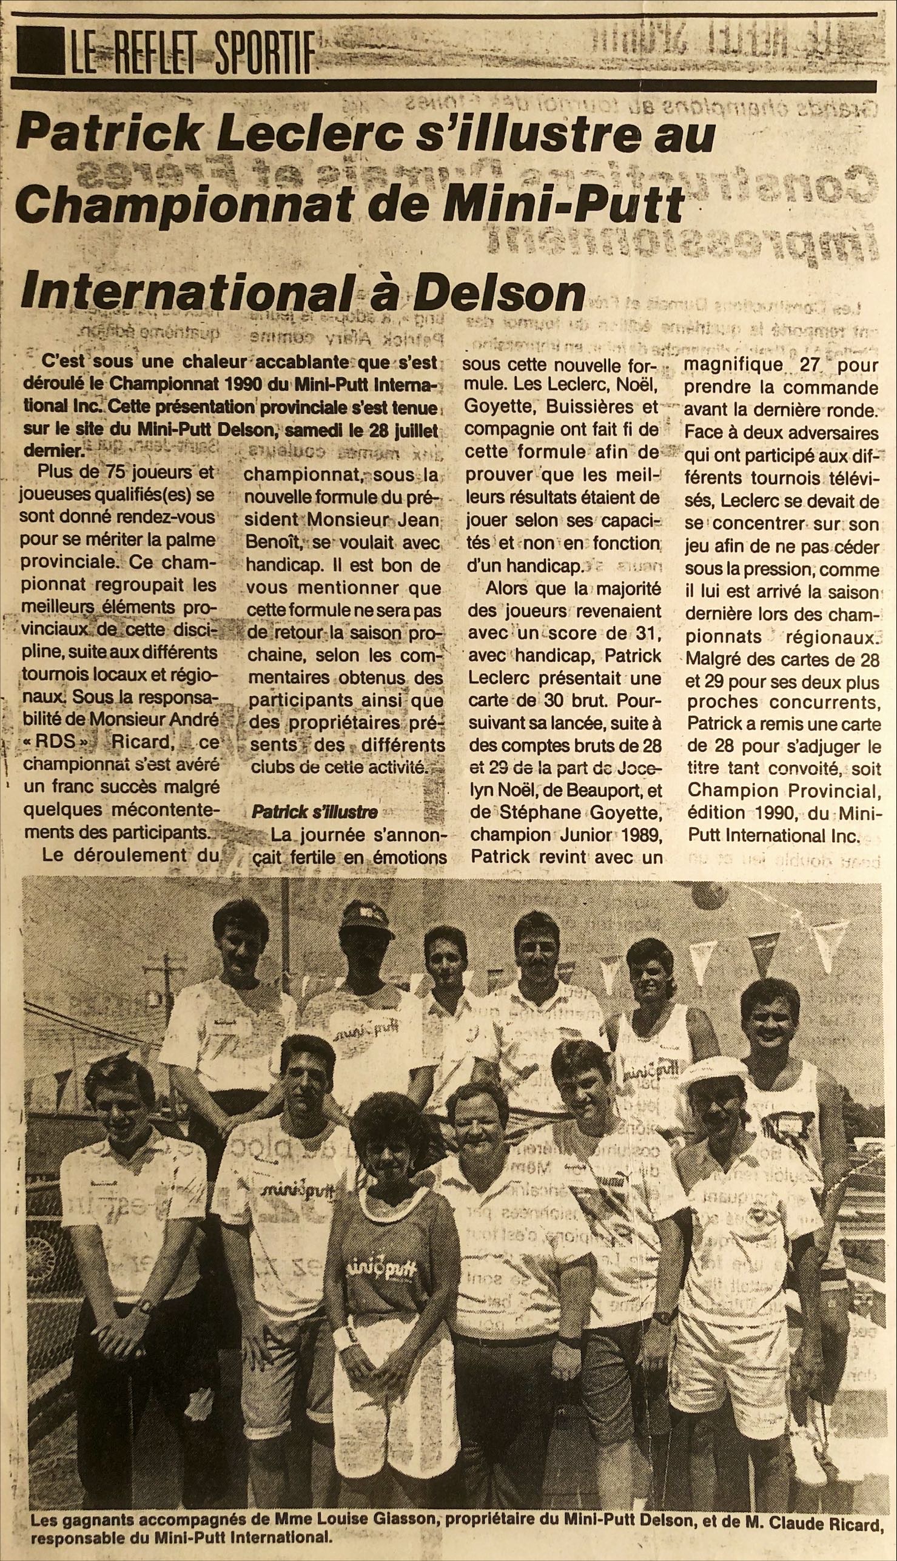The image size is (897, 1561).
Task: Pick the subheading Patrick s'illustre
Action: tap(315, 812)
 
